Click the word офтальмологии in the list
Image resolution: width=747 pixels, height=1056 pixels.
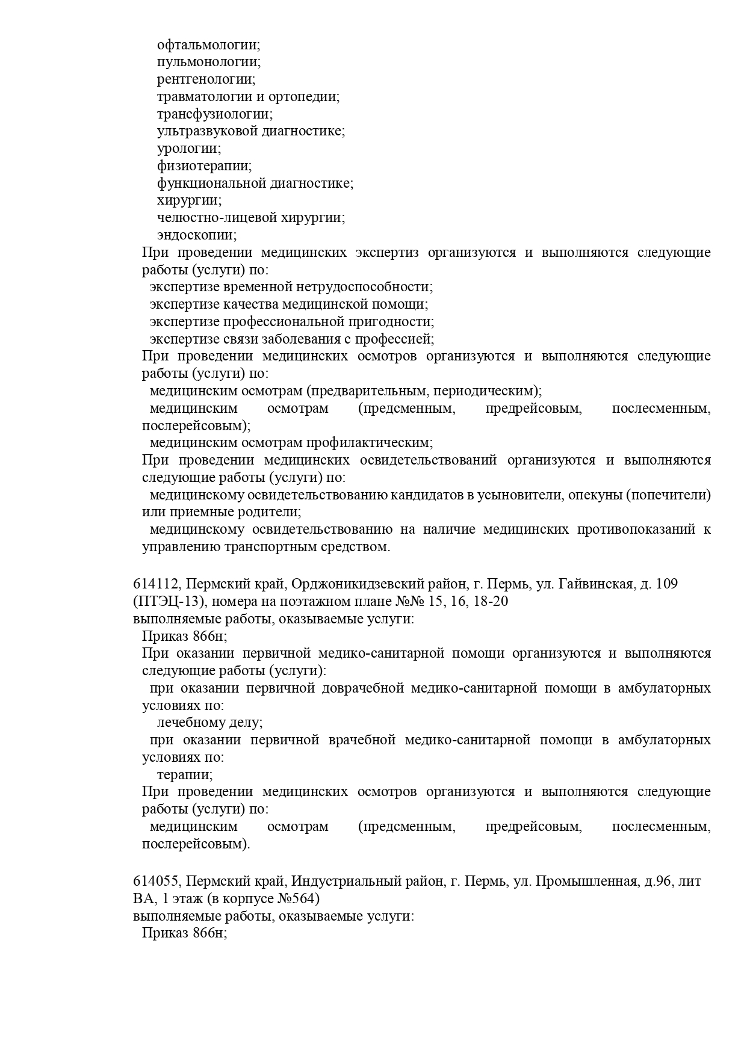coord(208,45)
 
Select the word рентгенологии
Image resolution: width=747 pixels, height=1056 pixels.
coord(205,79)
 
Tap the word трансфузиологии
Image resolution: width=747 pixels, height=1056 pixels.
coord(214,114)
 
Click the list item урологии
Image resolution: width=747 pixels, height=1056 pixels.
coord(188,148)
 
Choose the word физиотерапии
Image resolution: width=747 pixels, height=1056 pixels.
coord(203,165)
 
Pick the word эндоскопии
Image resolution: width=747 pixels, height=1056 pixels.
coord(196,235)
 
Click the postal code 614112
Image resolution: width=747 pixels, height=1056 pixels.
coord(156,584)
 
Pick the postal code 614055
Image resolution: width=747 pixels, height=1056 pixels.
coord(156,882)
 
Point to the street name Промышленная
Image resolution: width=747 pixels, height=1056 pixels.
coord(586,882)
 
